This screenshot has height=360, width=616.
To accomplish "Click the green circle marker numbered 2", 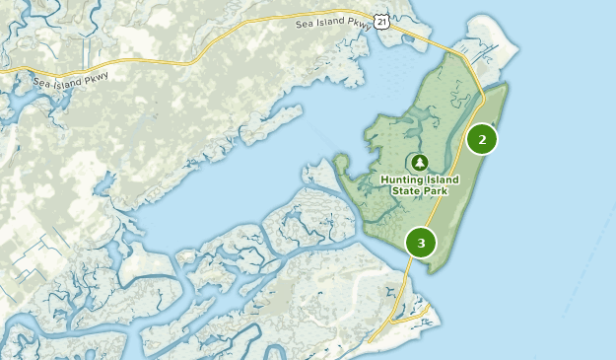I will coord(482,139).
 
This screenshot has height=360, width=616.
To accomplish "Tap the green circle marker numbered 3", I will coord(421,242).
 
